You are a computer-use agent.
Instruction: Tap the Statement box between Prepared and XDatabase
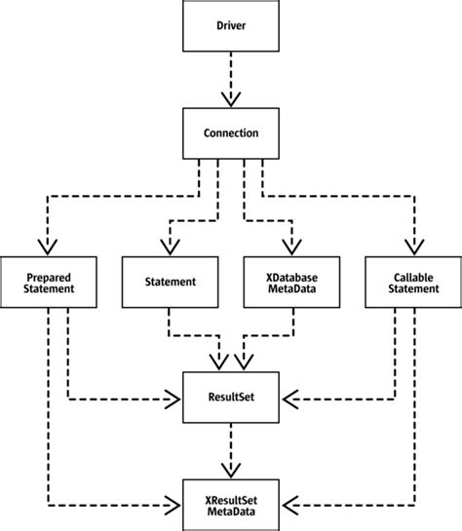pyautogui.click(x=169, y=282)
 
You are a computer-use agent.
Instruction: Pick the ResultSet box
pyautogui.click(x=231, y=398)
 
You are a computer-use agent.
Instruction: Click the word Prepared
pyautogui.click(x=47, y=275)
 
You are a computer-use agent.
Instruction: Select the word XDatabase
pyautogui.click(x=293, y=275)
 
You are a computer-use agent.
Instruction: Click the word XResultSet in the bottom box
pyautogui.click(x=232, y=499)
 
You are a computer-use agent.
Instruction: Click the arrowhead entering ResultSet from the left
pyautogui.click(x=175, y=398)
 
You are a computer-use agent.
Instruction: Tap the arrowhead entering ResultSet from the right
pyautogui.click(x=288, y=398)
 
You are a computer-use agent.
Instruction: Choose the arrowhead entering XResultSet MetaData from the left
pyautogui.click(x=175, y=506)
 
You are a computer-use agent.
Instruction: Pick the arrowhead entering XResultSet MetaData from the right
pyautogui.click(x=288, y=506)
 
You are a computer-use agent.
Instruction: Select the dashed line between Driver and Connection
pyautogui.click(x=231, y=73)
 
